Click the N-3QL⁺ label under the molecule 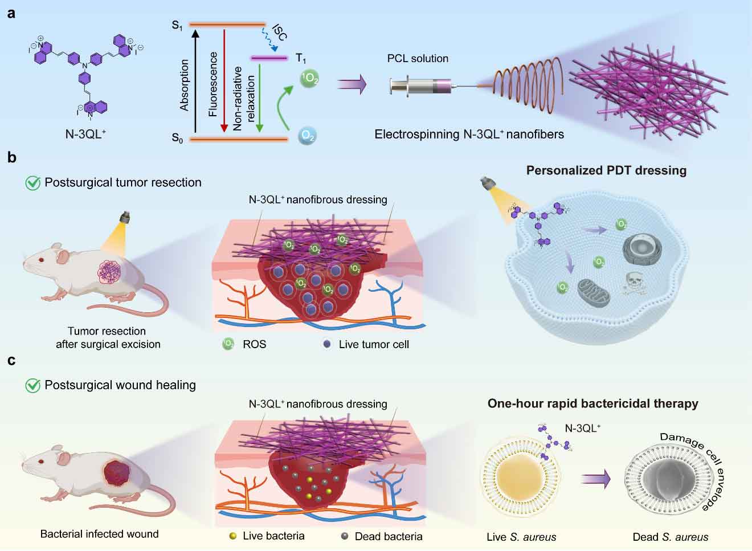(x=85, y=135)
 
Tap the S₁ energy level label (x=177, y=25)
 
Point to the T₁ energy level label (x=301, y=58)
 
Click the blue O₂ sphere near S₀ (x=308, y=136)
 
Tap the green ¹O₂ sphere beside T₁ (x=309, y=78)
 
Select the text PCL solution (x=418, y=58)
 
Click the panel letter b (x=12, y=158)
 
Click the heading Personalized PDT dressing (x=606, y=170)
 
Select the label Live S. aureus (x=521, y=537)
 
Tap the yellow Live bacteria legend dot (x=232, y=536)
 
